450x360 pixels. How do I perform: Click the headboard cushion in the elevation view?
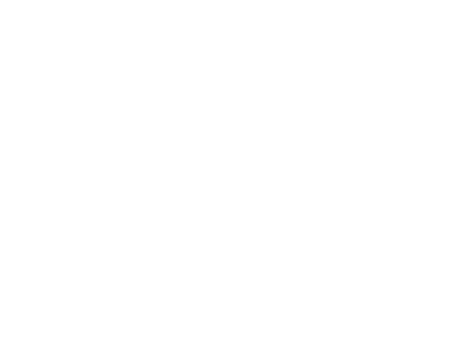[123, 89]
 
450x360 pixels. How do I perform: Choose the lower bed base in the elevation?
[123, 138]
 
